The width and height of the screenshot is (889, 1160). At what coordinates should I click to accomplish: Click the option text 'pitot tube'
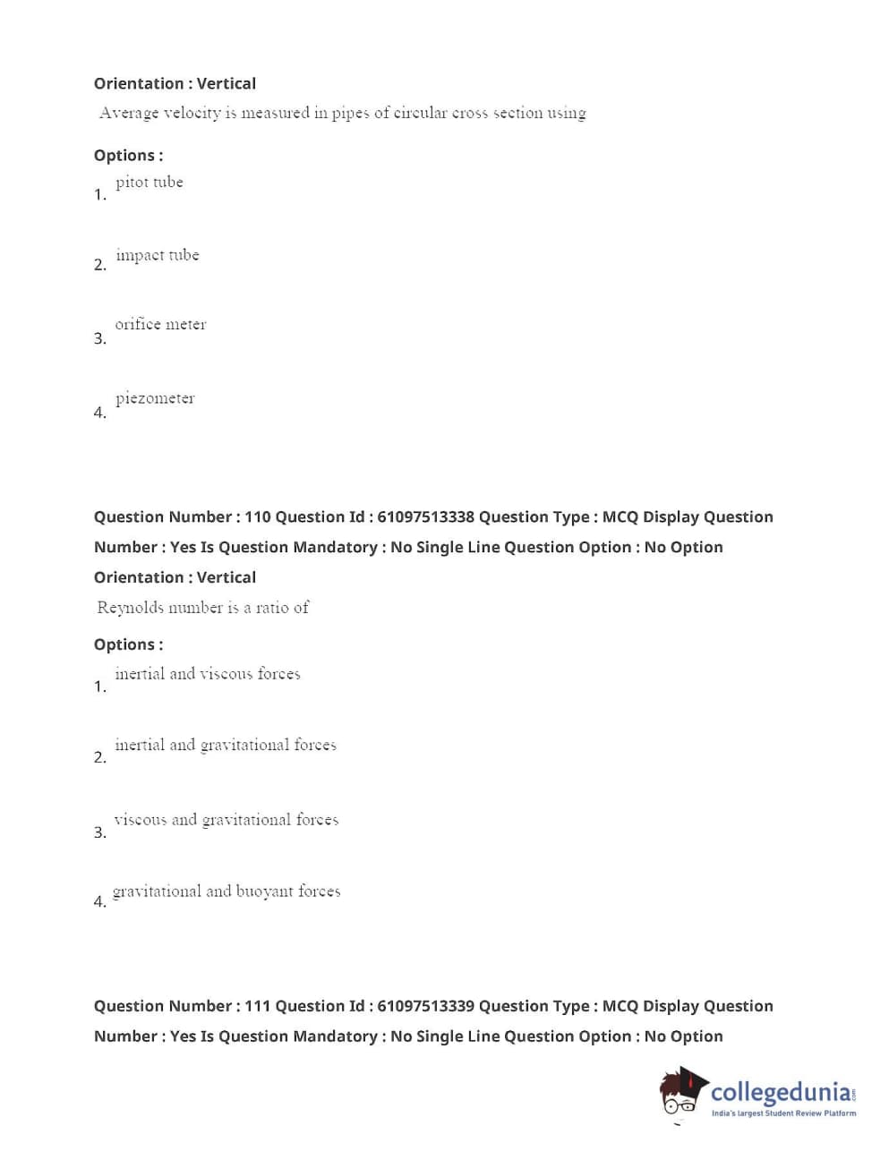click(149, 183)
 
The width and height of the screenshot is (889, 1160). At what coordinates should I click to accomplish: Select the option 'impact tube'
click(157, 255)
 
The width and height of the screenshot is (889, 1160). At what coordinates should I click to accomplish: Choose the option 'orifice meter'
click(160, 324)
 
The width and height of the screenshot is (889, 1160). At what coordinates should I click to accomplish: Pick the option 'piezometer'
click(154, 398)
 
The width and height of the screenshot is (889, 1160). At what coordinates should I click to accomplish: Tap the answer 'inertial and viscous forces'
click(207, 674)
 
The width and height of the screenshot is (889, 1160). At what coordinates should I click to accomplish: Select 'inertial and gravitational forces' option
click(225, 745)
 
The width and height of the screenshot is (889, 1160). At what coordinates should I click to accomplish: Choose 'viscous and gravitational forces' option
click(226, 820)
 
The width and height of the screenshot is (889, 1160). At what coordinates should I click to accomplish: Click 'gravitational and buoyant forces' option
click(227, 891)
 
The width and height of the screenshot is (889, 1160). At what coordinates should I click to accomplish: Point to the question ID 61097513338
click(425, 517)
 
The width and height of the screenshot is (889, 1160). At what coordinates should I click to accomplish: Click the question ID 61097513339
click(425, 1006)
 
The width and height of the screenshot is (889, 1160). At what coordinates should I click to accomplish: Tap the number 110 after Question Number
click(257, 517)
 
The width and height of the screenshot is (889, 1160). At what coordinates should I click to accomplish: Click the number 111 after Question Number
click(257, 1006)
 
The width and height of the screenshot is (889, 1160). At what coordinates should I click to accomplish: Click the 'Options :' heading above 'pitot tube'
click(128, 156)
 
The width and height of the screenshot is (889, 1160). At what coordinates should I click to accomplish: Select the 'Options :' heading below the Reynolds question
click(128, 644)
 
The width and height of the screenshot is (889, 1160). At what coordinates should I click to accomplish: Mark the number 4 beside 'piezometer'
click(98, 413)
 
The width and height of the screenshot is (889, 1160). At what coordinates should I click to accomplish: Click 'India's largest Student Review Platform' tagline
click(783, 1113)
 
